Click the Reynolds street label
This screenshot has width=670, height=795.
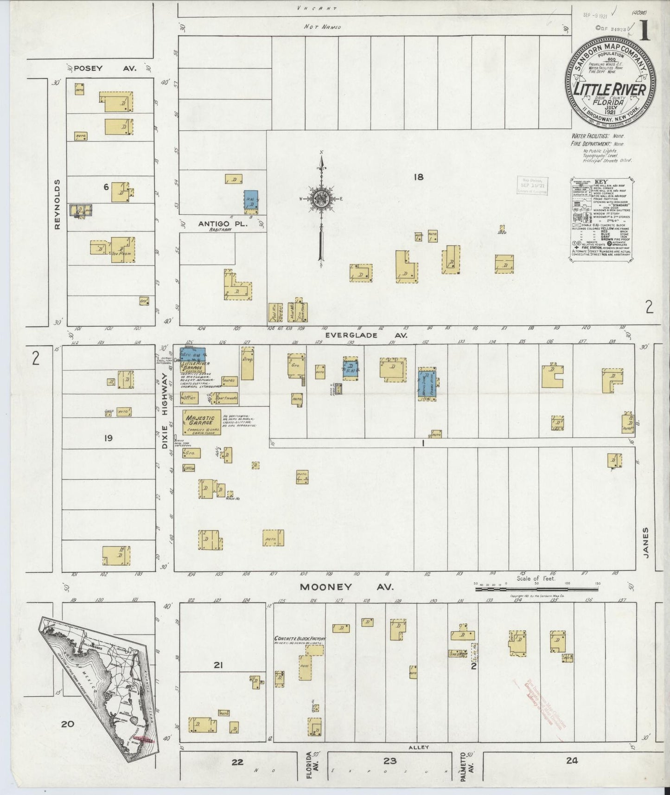[57, 204]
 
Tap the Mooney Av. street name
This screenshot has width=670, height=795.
[346, 587]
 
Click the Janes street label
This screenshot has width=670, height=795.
[646, 542]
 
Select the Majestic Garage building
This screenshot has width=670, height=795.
[201, 422]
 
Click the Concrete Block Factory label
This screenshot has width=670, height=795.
[300, 638]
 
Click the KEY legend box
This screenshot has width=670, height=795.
[601, 218]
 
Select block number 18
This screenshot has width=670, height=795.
[419, 176]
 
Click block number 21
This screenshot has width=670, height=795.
[218, 666]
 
